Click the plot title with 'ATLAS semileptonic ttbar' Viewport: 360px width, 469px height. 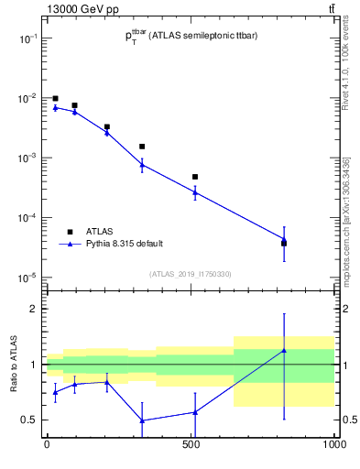(190, 36)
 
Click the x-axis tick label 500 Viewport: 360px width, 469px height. (191, 446)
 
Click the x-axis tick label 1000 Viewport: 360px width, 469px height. (334, 446)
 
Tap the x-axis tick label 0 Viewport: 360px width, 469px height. (46, 446)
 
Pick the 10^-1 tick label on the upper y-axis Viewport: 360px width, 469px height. (27, 38)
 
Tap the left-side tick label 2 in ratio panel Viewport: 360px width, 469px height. (35, 309)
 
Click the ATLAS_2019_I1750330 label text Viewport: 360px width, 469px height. (191, 274)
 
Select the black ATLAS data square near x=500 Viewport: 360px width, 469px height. (195, 177)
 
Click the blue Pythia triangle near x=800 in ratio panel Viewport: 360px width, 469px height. (284, 350)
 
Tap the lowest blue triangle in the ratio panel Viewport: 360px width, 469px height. (142, 420)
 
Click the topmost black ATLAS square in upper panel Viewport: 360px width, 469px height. (55, 98)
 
